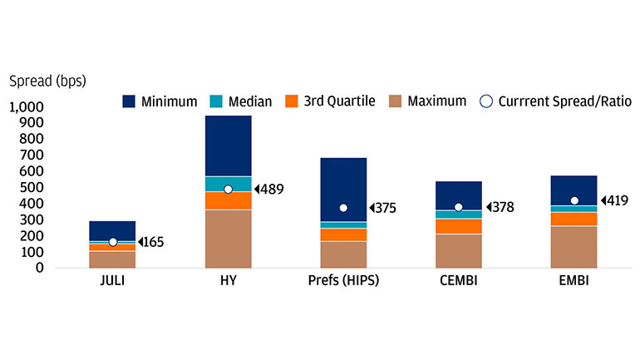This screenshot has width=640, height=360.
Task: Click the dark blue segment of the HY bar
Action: (229, 145)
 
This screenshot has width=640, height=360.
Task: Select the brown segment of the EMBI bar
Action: (574, 247)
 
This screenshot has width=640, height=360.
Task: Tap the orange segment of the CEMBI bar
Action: (459, 226)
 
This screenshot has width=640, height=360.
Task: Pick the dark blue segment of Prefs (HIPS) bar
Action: (343, 190)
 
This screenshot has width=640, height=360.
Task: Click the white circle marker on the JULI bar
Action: (113, 242)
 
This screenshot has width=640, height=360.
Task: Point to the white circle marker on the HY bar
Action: (229, 190)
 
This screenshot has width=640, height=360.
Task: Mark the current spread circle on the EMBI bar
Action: (574, 200)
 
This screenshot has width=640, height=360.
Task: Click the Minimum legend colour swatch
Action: (129, 101)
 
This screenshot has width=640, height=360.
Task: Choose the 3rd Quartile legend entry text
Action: (340, 101)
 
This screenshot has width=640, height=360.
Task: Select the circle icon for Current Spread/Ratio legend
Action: (486, 101)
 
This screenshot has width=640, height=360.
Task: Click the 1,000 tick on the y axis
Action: (26, 107)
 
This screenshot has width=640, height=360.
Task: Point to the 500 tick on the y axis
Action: (32, 187)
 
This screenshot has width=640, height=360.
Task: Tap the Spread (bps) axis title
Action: (47, 81)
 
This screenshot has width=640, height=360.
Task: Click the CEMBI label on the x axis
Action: (459, 281)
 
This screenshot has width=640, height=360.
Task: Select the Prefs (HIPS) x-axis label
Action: (343, 281)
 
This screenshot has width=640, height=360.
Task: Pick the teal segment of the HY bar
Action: (229, 184)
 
